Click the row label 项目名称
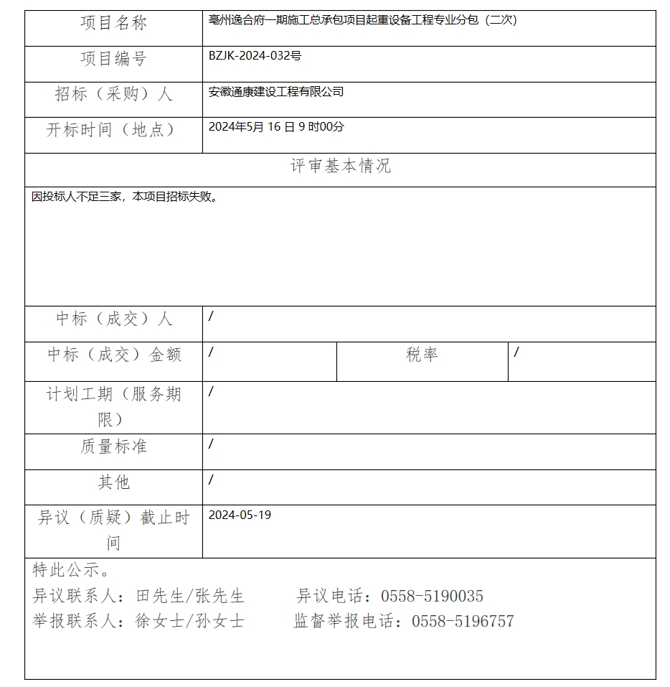pos(113,24)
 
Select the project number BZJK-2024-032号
pos(255,56)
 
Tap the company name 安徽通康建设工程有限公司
pos(276,92)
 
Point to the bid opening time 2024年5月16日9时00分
pos(276,127)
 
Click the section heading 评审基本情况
pos(340,167)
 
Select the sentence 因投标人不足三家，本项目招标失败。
pos(125,197)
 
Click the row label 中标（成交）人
pos(113,319)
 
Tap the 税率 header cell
pos(422,355)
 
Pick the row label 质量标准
pos(113,447)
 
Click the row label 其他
pos(113,482)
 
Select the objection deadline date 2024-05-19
pos(240,515)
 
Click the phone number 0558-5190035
pos(432,597)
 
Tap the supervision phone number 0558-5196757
pos(463,622)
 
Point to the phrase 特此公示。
pos(71,571)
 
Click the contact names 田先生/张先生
pos(189,597)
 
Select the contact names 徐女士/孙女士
pos(189,622)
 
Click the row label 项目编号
pos(113,59)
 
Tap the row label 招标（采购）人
pos(113,94)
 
